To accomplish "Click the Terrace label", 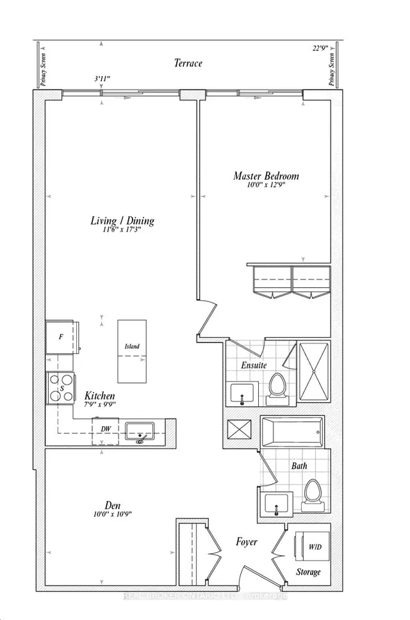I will (x=188, y=63).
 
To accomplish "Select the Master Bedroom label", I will (x=266, y=175).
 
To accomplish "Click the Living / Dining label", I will (x=122, y=221).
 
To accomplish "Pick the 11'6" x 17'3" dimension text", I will (x=122, y=232).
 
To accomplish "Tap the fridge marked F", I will (x=61, y=336).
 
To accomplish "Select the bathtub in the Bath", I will (x=291, y=433).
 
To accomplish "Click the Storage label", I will (x=307, y=571).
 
